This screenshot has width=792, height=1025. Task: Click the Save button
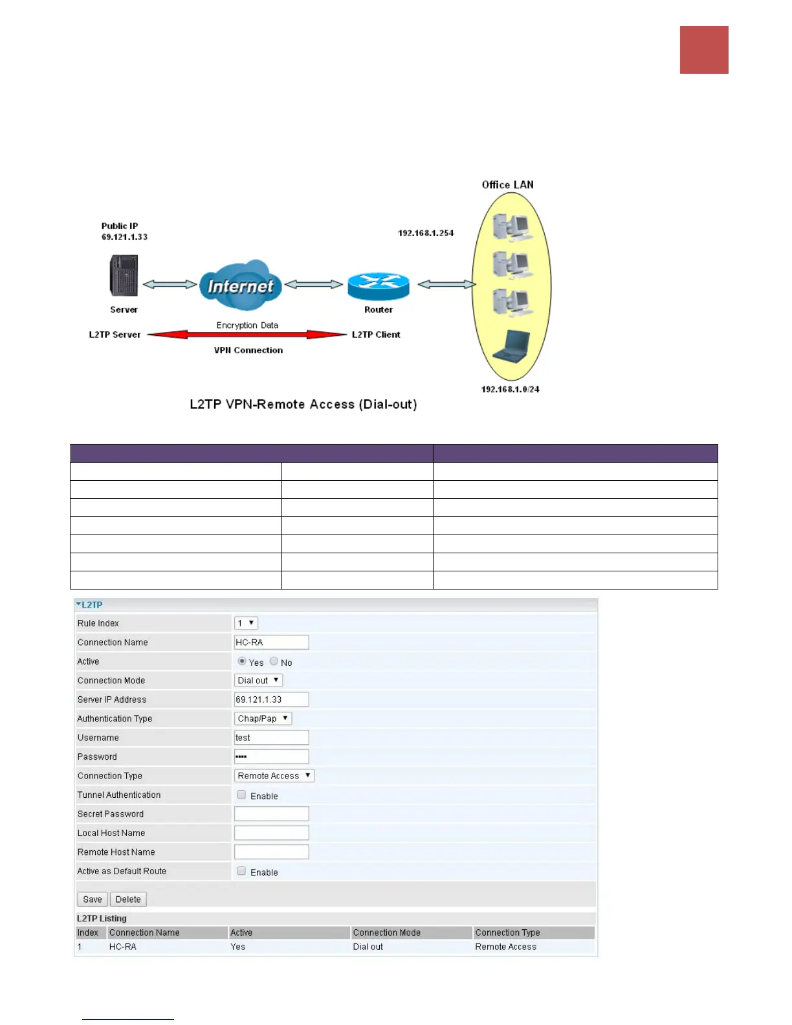tap(92, 899)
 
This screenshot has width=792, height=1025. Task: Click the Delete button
tap(128, 899)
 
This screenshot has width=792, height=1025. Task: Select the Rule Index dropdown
tap(246, 623)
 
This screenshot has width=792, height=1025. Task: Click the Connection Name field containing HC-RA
tap(271, 643)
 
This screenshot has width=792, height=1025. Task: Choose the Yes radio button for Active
tap(242, 661)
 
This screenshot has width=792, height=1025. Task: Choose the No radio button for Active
tap(274, 661)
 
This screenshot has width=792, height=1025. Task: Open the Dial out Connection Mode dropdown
tap(258, 681)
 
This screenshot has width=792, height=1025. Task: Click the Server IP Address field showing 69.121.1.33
tap(271, 700)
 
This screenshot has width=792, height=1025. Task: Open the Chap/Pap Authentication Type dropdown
tap(263, 719)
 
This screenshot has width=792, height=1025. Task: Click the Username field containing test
tap(271, 738)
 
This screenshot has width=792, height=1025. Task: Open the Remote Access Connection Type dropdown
tap(274, 776)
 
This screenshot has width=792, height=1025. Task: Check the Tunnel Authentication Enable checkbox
tap(241, 795)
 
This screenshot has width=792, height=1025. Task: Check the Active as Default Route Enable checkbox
tap(241, 871)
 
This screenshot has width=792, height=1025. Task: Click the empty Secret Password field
tap(271, 814)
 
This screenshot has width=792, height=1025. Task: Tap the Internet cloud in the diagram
tap(240, 285)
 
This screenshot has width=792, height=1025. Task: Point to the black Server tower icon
tap(124, 276)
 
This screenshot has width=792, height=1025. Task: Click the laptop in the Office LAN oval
tap(511, 346)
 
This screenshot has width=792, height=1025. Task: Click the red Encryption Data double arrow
tap(247, 335)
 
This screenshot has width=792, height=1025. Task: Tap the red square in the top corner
tap(704, 50)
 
